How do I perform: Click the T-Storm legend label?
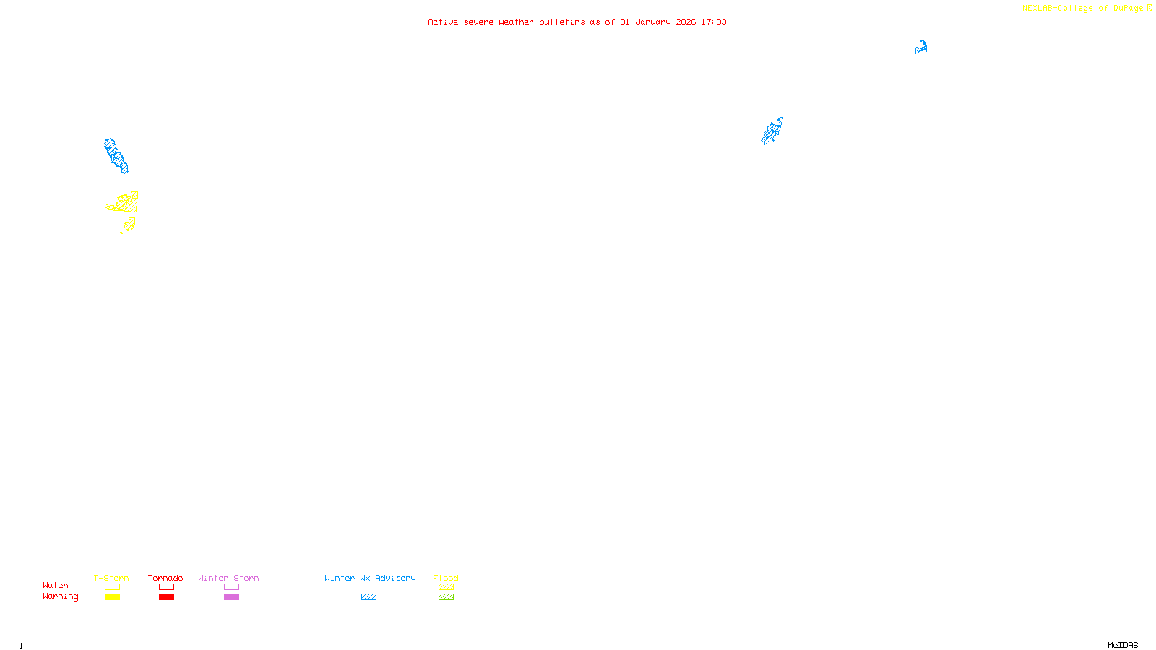[x=111, y=578]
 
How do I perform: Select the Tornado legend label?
[x=165, y=578]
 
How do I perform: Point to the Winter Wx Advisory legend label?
[x=370, y=578]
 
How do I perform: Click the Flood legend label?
[x=446, y=578]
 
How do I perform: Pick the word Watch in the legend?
[x=56, y=585]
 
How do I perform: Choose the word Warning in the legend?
[x=60, y=597]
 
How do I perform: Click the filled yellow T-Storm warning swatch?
[x=112, y=597]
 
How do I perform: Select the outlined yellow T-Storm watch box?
[x=112, y=587]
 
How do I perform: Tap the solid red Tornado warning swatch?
[x=166, y=597]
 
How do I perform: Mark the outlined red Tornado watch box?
[x=166, y=587]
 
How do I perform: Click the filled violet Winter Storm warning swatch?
[x=231, y=597]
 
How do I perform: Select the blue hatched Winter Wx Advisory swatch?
[x=368, y=597]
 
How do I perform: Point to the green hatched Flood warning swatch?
[x=446, y=597]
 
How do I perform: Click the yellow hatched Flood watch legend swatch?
[x=446, y=587]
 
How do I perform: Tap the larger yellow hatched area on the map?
[x=126, y=204]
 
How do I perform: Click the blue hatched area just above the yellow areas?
[x=115, y=156]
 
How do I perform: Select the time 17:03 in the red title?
[x=714, y=22]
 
